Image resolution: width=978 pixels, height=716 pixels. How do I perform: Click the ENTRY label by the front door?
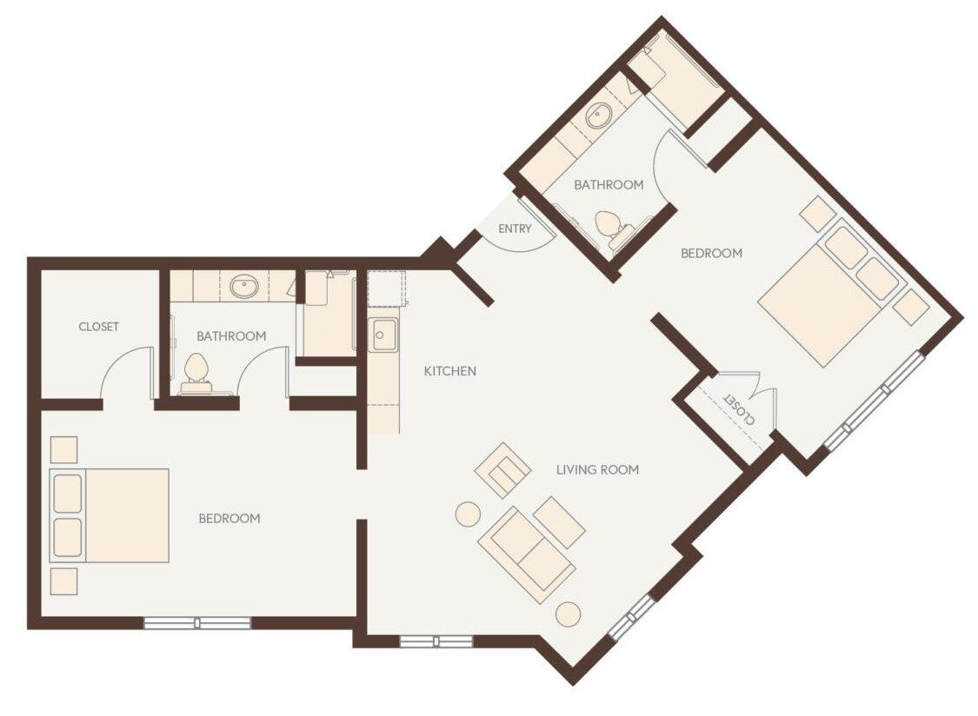(515, 229)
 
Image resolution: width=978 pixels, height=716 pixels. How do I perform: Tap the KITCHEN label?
(449, 371)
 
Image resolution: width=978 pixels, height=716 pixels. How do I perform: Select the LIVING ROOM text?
(597, 469)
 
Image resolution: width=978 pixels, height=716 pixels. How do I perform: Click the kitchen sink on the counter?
(383, 335)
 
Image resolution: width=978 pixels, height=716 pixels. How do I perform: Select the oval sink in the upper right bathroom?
(599, 116)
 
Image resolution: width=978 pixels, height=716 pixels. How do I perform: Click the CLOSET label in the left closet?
(98, 327)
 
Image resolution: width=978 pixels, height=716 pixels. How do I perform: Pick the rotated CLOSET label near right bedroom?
(738, 410)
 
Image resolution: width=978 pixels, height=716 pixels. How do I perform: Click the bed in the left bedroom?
(110, 515)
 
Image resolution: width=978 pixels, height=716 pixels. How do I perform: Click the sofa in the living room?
(526, 554)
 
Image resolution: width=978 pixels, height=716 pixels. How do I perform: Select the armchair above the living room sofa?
(503, 470)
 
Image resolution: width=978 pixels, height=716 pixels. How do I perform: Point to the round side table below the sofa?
(568, 613)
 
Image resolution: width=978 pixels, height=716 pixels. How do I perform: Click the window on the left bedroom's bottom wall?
(196, 622)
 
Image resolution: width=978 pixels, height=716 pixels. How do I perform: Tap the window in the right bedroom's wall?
(874, 401)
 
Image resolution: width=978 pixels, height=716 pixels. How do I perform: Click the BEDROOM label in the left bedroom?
(229, 519)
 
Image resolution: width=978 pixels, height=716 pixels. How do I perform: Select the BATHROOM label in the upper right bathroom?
(609, 184)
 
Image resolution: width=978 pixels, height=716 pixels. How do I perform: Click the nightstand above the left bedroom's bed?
(63, 449)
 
